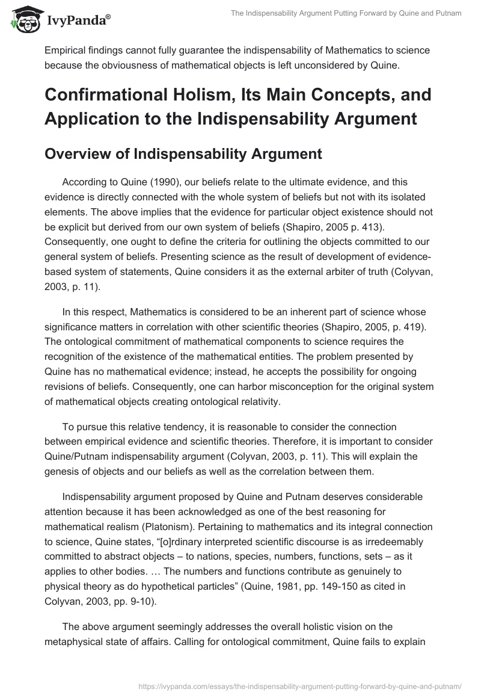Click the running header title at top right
tap(346, 14)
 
